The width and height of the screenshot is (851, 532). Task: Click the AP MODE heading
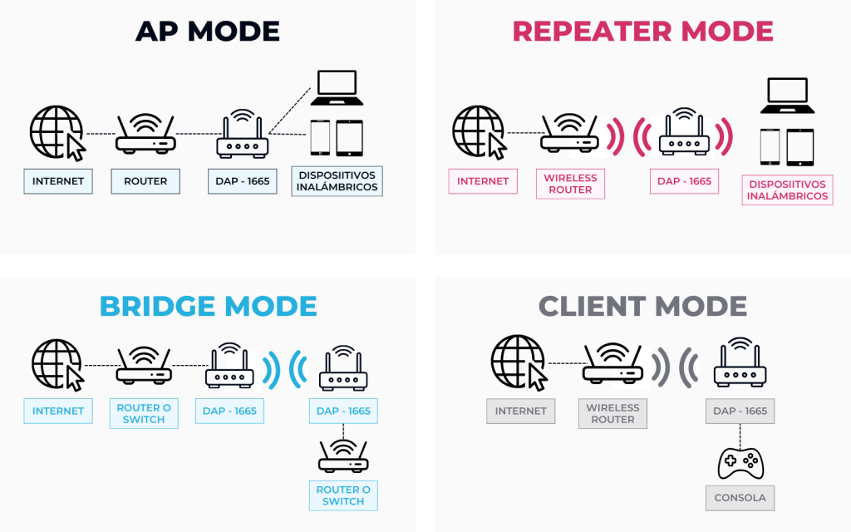(208, 32)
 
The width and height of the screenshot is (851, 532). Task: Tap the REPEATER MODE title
(642, 32)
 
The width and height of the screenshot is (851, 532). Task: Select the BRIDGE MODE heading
(208, 306)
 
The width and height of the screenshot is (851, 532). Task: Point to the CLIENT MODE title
(642, 306)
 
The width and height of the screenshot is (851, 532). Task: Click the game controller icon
(740, 462)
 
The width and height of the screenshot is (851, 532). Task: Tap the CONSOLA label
(740, 499)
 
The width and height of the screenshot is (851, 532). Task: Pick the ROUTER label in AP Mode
(145, 181)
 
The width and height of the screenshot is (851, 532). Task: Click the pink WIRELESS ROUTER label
(570, 184)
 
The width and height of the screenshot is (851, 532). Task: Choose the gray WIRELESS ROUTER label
(612, 413)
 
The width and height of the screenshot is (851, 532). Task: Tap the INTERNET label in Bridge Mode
(58, 411)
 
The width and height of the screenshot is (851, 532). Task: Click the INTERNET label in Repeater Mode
(483, 181)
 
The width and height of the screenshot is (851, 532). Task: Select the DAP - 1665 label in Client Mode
(740, 411)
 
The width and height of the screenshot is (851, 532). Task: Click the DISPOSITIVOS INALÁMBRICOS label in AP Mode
(337, 181)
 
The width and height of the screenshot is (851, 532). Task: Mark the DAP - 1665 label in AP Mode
(242, 181)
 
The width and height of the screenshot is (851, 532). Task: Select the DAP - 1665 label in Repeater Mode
(684, 181)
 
